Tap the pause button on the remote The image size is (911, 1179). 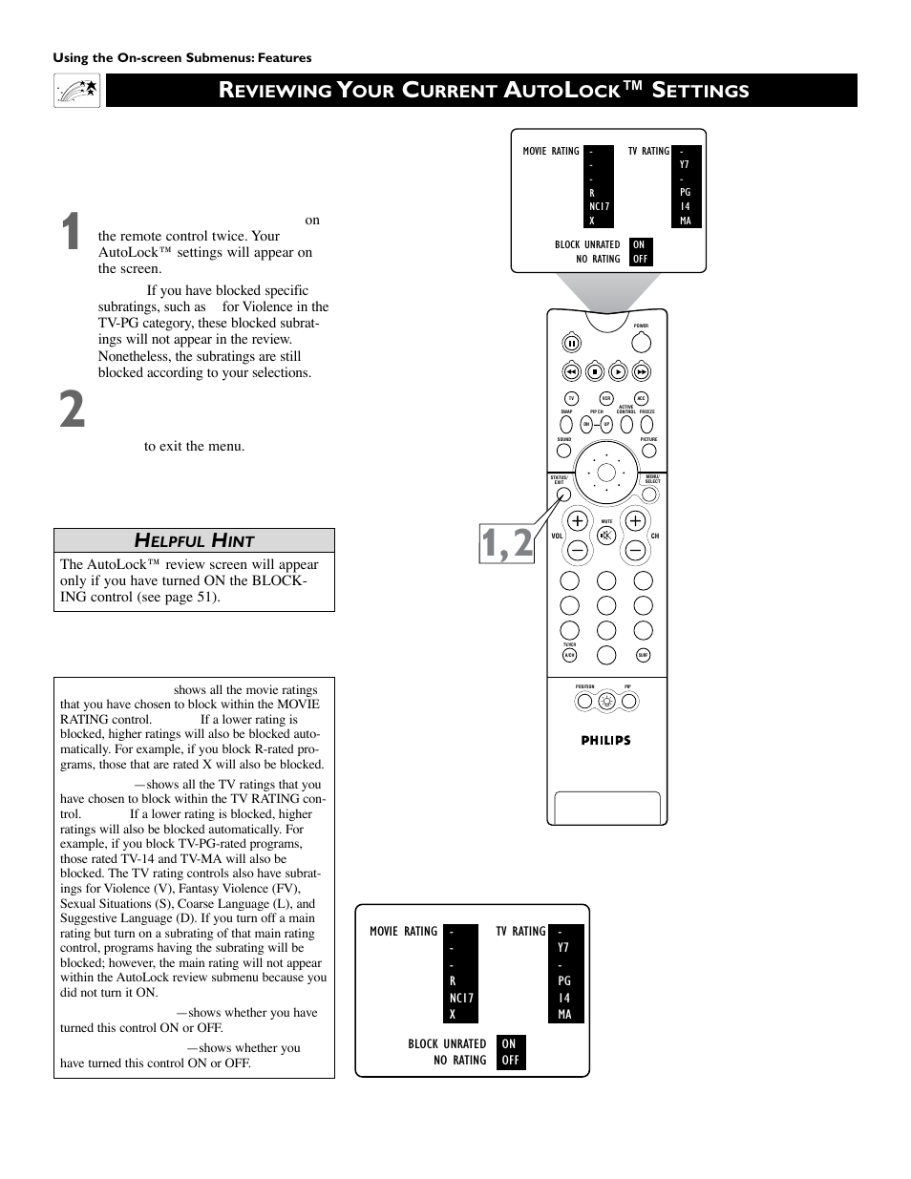[x=571, y=344]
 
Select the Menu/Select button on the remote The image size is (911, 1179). [x=652, y=494]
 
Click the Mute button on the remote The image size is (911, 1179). [x=605, y=536]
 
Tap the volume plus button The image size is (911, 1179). [x=578, y=521]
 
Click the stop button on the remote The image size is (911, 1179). [x=594, y=372]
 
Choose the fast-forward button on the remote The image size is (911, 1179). [x=642, y=372]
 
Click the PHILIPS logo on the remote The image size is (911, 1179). [x=605, y=740]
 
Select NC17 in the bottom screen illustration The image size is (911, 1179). [x=461, y=998]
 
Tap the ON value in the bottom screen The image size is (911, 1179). [x=509, y=1043]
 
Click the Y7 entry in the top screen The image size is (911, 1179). [x=685, y=164]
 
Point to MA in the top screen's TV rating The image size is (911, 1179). [x=685, y=221]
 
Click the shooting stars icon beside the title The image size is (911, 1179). [x=77, y=91]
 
